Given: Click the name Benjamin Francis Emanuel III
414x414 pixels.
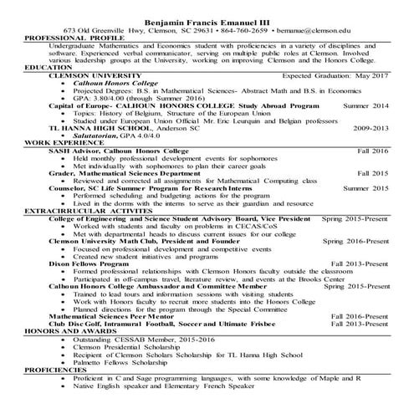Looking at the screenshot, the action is (206, 19).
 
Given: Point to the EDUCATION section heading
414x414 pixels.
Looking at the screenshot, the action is (49, 67).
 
